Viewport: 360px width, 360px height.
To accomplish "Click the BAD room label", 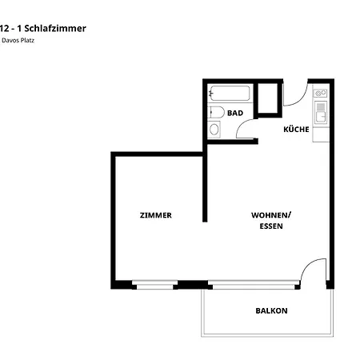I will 234,114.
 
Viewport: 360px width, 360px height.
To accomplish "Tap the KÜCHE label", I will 296,129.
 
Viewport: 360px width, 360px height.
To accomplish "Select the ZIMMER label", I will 155,215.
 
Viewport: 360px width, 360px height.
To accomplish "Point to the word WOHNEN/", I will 271,215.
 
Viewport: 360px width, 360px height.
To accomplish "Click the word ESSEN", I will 271,226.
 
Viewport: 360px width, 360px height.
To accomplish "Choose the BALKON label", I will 271,310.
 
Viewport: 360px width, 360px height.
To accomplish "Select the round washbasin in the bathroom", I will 214,130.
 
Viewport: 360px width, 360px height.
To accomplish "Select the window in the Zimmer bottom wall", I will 154,284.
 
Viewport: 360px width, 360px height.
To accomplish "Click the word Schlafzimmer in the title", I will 58,28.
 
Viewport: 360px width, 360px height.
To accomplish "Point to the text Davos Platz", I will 18,40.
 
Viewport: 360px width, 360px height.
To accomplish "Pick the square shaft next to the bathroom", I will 267,98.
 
